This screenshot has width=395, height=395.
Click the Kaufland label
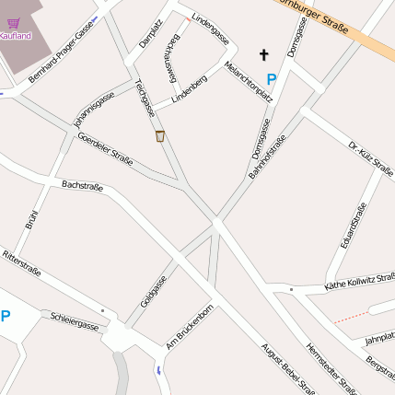click(16, 36)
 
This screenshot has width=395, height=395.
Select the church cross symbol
click(264, 55)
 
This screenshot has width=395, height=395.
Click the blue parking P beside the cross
click(271, 79)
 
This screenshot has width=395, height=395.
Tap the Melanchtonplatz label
click(249, 80)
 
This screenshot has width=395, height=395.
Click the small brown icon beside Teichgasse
click(160, 136)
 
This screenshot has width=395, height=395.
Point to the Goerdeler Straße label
click(106, 149)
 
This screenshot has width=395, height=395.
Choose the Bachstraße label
click(82, 187)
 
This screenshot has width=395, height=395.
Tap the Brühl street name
click(32, 220)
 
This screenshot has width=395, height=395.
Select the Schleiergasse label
click(75, 321)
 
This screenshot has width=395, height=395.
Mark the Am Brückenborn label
click(190, 326)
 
